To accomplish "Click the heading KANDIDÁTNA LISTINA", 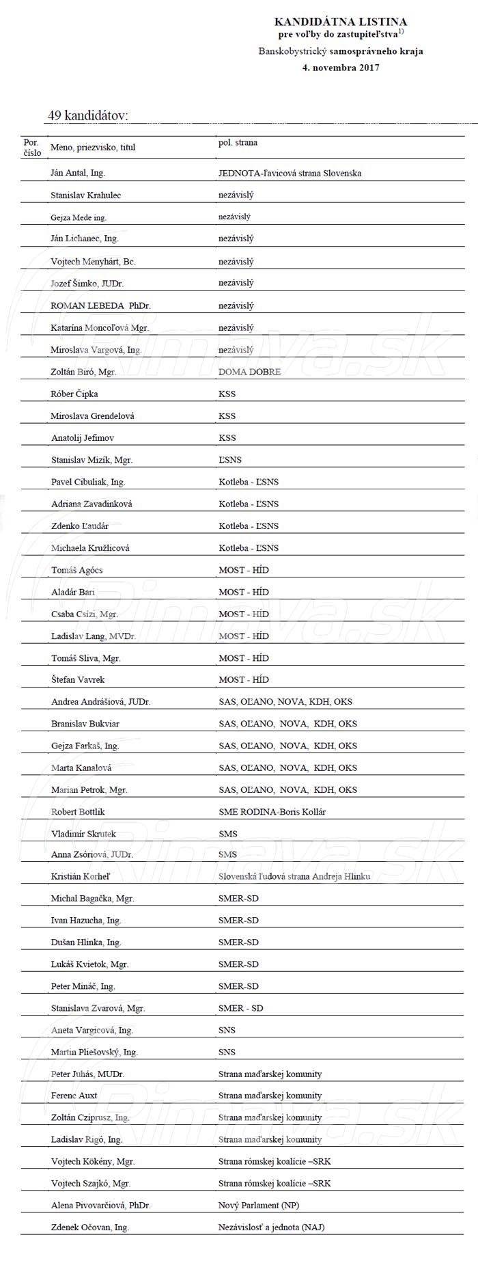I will tap(340, 22).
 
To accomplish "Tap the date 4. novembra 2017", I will tap(340, 68).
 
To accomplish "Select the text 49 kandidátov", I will tap(87, 116).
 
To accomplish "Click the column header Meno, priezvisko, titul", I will tap(93, 147).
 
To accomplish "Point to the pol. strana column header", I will tap(238, 143).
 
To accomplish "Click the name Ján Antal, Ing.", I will tap(78, 173).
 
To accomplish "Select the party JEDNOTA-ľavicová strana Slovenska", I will tap(290, 173).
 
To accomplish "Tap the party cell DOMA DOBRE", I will tap(249, 372).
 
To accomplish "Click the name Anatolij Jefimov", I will tap(83, 437).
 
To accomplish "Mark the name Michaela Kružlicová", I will tap(90, 547).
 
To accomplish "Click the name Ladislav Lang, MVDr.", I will tap(94, 636).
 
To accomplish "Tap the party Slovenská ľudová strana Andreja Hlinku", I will tap(294, 876).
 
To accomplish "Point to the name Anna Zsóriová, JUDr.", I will tap(92, 854).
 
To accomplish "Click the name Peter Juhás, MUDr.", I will tap(87, 1074).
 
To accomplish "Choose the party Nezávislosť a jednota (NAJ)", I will tap(271, 1227).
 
